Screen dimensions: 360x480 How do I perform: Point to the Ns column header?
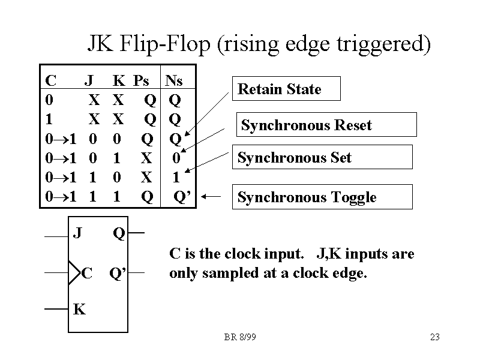click(x=174, y=80)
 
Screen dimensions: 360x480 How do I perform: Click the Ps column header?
click(x=141, y=80)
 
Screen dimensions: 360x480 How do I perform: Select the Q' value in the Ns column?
click(x=182, y=197)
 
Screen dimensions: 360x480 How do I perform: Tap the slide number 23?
click(x=435, y=337)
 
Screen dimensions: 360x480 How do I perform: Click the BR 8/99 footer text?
click(x=239, y=337)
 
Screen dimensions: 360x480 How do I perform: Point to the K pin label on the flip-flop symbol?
click(x=79, y=310)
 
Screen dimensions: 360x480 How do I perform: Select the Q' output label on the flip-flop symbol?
click(x=117, y=274)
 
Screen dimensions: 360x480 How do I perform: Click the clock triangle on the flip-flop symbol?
click(x=74, y=274)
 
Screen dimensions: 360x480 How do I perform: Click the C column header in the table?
click(x=51, y=80)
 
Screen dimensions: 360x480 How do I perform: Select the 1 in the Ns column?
click(x=176, y=177)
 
